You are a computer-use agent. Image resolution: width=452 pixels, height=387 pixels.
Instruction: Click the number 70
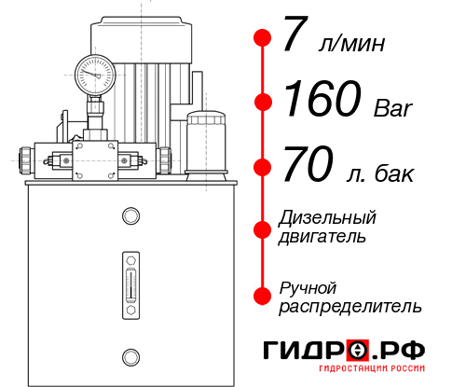pyautogui.click(x=307, y=168)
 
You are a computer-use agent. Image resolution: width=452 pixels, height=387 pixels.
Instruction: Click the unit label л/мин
pyautogui.click(x=352, y=44)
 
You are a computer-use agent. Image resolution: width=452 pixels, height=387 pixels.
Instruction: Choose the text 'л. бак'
pyautogui.click(x=378, y=173)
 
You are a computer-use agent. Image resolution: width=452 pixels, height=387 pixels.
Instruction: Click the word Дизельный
pyautogui.click(x=327, y=218)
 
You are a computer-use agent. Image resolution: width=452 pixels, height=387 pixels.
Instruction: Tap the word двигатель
pyautogui.click(x=322, y=237)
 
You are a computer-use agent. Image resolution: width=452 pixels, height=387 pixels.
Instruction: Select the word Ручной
pyautogui.click(x=308, y=286)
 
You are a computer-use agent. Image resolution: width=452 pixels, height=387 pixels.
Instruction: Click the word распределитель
pyautogui.click(x=350, y=306)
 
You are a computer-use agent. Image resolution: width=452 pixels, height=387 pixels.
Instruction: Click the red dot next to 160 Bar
pyautogui.click(x=264, y=103)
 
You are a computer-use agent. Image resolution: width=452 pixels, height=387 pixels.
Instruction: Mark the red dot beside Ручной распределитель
pyautogui.click(x=264, y=295)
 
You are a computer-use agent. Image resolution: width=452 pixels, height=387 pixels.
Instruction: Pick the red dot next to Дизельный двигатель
pyautogui.click(x=264, y=228)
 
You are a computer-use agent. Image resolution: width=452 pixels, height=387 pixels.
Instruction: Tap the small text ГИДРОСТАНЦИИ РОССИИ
pyautogui.click(x=378, y=373)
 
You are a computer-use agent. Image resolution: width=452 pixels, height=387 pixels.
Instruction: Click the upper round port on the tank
pyautogui.click(x=130, y=217)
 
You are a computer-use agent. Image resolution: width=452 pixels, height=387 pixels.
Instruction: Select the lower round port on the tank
pyautogui.click(x=130, y=355)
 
